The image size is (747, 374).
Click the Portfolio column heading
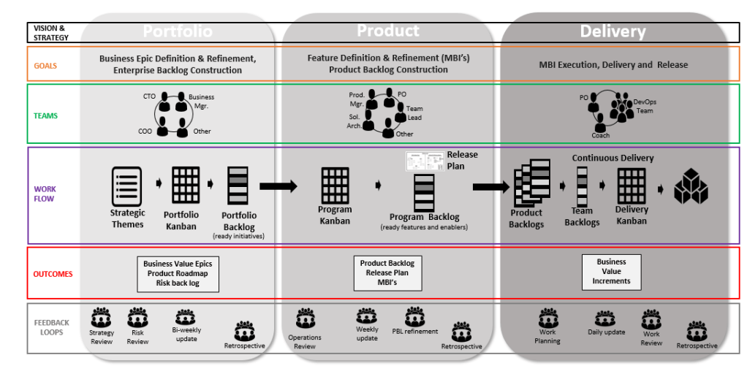[178, 31]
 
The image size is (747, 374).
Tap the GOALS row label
[45, 66]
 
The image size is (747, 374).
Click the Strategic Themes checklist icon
[126, 187]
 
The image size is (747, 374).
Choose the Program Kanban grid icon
[335, 186]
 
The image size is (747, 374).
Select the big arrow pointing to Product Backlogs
[490, 187]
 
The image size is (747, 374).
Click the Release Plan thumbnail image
[425, 160]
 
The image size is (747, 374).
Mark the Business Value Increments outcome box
[611, 271]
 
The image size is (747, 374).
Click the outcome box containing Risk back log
[178, 274]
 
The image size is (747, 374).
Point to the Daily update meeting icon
[605, 318]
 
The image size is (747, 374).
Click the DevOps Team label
[644, 107]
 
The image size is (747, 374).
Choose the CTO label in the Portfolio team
[149, 96]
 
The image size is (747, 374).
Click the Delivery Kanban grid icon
[631, 186]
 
